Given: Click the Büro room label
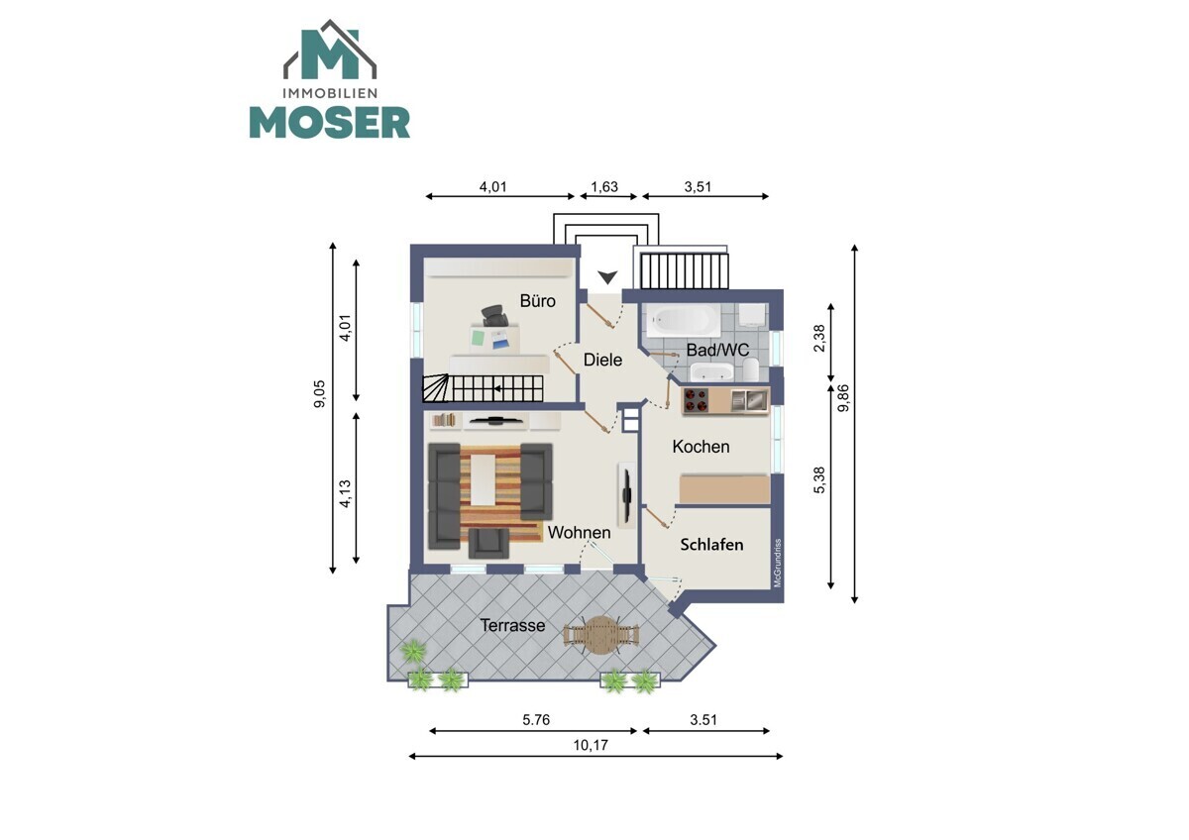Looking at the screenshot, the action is pyautogui.click(x=537, y=301).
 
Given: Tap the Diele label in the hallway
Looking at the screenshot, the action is pyautogui.click(x=602, y=360).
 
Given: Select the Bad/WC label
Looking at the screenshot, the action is pyautogui.click(x=717, y=350).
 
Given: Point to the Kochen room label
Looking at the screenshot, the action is pyautogui.click(x=701, y=447).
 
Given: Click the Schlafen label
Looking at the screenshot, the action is pyautogui.click(x=711, y=545).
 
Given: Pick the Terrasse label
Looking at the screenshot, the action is pyautogui.click(x=512, y=625).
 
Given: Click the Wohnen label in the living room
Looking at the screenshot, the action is pyautogui.click(x=579, y=532).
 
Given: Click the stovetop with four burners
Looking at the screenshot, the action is pyautogui.click(x=696, y=400).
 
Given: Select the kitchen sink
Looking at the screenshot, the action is pyautogui.click(x=749, y=400).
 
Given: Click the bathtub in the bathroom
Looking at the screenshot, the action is pyautogui.click(x=682, y=321).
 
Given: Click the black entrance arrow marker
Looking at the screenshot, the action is pyautogui.click(x=607, y=277).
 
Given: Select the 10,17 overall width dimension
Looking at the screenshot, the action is pyautogui.click(x=591, y=746).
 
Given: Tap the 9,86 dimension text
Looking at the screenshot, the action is pyautogui.click(x=843, y=398).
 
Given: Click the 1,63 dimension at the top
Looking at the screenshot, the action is pyautogui.click(x=604, y=187).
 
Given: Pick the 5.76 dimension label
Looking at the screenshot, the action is pyautogui.click(x=536, y=720).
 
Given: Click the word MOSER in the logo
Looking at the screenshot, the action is pyautogui.click(x=330, y=123).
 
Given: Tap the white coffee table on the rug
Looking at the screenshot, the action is pyautogui.click(x=484, y=479).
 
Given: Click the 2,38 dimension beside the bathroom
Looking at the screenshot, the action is pyautogui.click(x=819, y=338).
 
